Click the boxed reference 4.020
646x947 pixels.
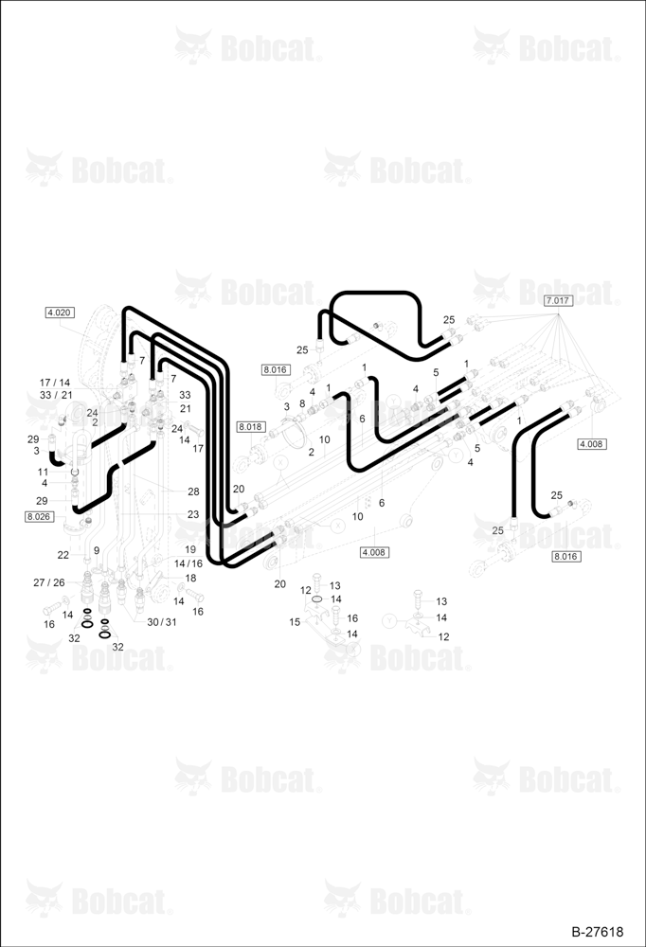click(60, 313)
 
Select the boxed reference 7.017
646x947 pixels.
click(558, 300)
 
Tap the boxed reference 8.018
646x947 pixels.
click(250, 427)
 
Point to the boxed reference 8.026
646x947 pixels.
click(39, 516)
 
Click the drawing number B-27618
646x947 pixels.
click(597, 932)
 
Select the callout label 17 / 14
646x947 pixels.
click(54, 383)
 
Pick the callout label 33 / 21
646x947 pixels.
click(56, 395)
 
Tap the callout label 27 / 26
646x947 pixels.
click(49, 582)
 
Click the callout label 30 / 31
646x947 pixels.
click(162, 622)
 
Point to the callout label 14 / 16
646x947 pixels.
click(188, 563)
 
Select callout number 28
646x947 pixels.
click(193, 491)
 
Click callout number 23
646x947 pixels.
click(193, 514)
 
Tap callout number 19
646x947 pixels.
click(190, 549)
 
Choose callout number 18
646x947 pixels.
click(190, 578)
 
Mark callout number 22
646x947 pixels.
click(63, 555)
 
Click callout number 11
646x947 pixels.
click(43, 473)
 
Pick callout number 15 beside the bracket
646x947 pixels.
click(295, 622)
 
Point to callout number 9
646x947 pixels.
click(97, 551)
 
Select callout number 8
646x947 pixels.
click(302, 403)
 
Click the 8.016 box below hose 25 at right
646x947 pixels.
click(566, 556)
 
